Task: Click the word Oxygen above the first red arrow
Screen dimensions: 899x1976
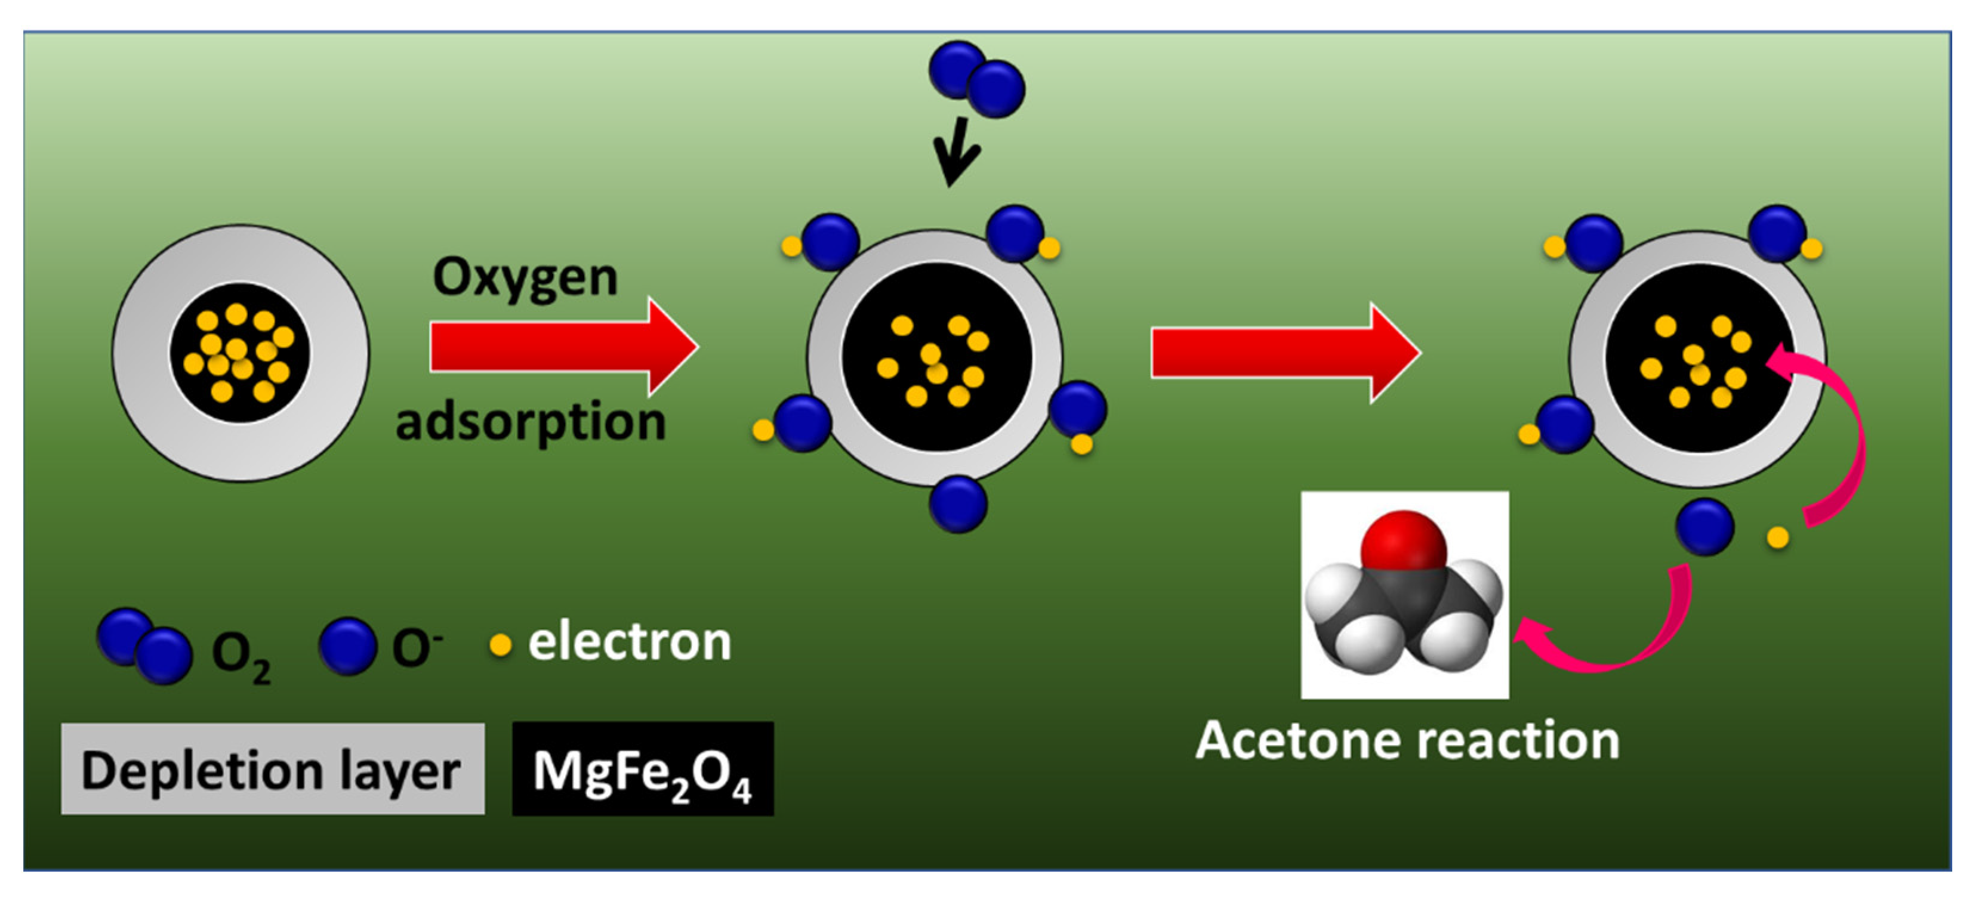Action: pos(525,277)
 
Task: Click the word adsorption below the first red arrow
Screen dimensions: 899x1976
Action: pos(531,422)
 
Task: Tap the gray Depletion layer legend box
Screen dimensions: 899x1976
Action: pos(272,770)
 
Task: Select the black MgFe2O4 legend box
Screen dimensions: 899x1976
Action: pos(643,770)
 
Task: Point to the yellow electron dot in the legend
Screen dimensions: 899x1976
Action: pos(500,645)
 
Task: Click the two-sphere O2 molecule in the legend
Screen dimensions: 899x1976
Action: pos(144,646)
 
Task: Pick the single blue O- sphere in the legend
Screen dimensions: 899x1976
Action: pos(347,646)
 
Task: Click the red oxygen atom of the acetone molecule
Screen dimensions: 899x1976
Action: pos(1404,542)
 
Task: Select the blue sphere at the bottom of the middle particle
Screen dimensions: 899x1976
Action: pos(958,504)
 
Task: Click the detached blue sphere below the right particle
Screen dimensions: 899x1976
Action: pos(1704,527)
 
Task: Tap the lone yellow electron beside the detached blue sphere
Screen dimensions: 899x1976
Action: pos(1778,537)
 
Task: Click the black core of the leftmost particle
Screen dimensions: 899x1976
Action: pos(240,354)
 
